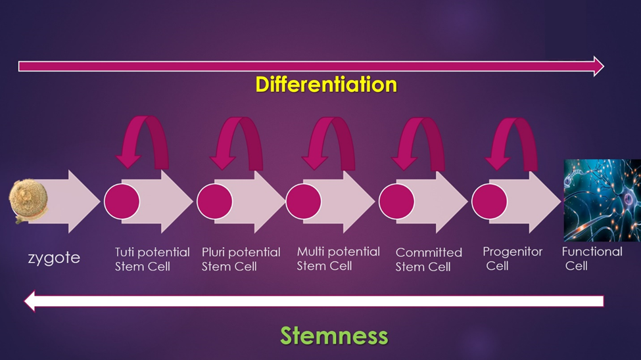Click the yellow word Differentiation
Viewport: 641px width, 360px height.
click(x=326, y=85)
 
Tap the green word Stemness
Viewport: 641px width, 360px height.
click(x=334, y=336)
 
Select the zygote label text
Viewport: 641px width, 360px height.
click(x=54, y=258)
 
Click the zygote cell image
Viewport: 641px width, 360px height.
click(x=29, y=201)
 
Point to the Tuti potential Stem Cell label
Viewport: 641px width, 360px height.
click(x=152, y=259)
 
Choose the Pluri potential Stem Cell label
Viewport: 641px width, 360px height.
click(x=241, y=259)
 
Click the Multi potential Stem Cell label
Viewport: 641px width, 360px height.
click(x=338, y=258)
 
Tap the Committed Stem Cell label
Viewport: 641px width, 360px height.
click(x=429, y=259)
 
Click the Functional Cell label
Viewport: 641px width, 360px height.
click(x=592, y=258)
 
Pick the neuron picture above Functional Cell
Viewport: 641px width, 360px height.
click(x=602, y=200)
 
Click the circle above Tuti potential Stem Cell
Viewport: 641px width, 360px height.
click(x=122, y=201)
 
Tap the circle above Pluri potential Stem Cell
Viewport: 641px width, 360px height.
click(x=214, y=201)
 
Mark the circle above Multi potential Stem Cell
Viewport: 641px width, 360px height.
click(x=304, y=201)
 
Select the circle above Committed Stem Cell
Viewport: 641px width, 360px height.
click(x=396, y=201)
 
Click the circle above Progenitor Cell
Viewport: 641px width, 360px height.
click(x=489, y=201)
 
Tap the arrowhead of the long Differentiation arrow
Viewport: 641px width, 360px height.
click(x=598, y=66)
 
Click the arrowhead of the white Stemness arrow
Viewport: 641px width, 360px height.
click(x=30, y=301)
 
